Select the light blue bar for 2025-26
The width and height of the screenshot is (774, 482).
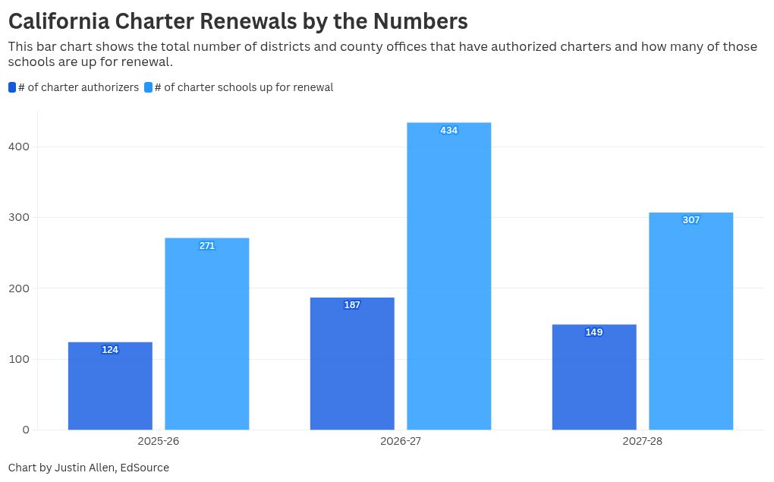pyautogui.click(x=207, y=334)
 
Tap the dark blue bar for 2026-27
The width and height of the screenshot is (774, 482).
pyautogui.click(x=352, y=364)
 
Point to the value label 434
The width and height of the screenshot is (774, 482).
pyautogui.click(x=448, y=131)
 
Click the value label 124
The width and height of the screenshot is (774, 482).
pyautogui.click(x=110, y=350)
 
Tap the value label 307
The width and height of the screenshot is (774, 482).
pyautogui.click(x=691, y=220)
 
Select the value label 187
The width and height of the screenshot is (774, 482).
pyautogui.click(x=352, y=305)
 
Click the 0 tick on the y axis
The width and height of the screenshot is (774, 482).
pyautogui.click(x=26, y=430)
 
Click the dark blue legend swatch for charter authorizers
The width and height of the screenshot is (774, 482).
pyautogui.click(x=12, y=87)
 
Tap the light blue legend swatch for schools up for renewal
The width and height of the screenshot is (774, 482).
pyautogui.click(x=148, y=87)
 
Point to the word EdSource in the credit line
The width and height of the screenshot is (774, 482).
pyautogui.click(x=144, y=468)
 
